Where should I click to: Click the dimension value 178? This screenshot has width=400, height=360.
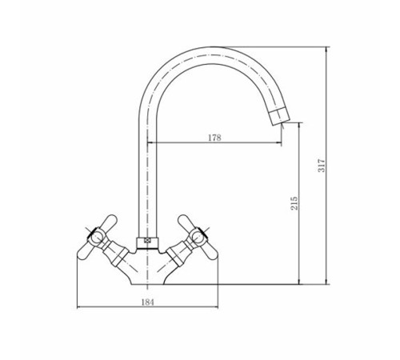(x=214, y=138)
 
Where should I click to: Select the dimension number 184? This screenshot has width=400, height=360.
(x=148, y=302)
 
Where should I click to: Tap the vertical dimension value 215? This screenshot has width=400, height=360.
(x=294, y=203)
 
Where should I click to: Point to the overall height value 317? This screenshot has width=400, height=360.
(x=322, y=166)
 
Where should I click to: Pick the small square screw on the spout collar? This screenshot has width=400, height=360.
(x=146, y=240)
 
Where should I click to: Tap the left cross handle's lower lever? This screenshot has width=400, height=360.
(x=86, y=251)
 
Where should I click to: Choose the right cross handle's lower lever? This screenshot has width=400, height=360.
(x=210, y=251)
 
